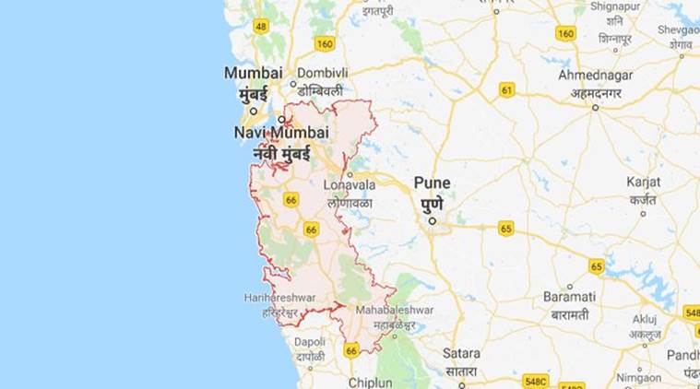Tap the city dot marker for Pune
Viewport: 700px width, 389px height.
pyautogui.click(x=431, y=220)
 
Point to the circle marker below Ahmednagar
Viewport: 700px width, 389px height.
pyautogui.click(x=596, y=107)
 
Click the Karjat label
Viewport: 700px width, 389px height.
pyautogui.click(x=643, y=182)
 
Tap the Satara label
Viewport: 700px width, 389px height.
pyautogui.click(x=461, y=353)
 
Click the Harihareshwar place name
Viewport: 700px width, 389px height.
pyautogui.click(x=280, y=297)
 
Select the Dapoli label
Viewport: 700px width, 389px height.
pyautogui.click(x=310, y=341)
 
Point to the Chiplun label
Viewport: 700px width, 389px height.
pyautogui.click(x=370, y=382)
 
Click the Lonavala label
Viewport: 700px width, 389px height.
pyautogui.click(x=350, y=184)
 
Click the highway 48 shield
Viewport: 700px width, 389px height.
pyautogui.click(x=261, y=26)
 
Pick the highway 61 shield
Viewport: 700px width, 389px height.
pyautogui.click(x=506, y=89)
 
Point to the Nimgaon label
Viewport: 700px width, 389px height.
pyautogui.click(x=638, y=377)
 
